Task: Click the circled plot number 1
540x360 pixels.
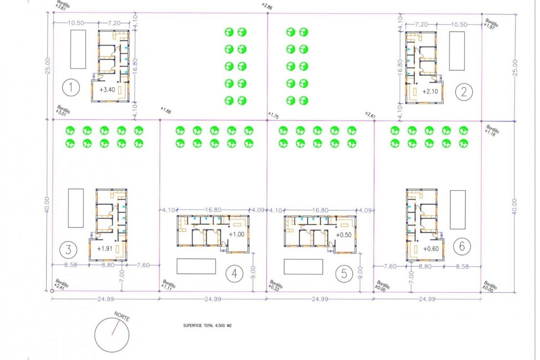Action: coord(71,87)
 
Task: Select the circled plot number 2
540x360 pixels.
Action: coord(464,92)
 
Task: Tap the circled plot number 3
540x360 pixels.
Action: coord(68,249)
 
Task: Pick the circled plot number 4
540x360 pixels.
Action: coord(235,274)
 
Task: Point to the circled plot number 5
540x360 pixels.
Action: coord(344,274)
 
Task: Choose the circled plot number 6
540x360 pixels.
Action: coord(462,246)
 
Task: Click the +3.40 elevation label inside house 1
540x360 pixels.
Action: coord(107,90)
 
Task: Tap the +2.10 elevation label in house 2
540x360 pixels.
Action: coord(430,91)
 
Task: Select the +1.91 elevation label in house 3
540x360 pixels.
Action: coord(105,249)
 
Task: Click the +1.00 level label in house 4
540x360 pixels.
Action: coord(237,234)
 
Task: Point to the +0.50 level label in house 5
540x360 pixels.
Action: coord(344,235)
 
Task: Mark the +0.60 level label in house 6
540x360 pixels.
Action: coord(431,249)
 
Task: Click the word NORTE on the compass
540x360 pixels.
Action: coord(122,316)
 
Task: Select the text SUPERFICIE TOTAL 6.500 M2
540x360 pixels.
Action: coord(207,326)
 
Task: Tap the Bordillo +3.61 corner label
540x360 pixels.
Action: coord(62,5)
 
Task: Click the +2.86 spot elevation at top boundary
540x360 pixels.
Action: coord(267,6)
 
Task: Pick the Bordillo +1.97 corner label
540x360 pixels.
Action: coord(491,24)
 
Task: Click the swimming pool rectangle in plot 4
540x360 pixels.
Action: coord(196,266)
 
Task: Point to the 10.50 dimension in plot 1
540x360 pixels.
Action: coord(76,23)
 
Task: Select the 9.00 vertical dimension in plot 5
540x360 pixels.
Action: coord(360,272)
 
